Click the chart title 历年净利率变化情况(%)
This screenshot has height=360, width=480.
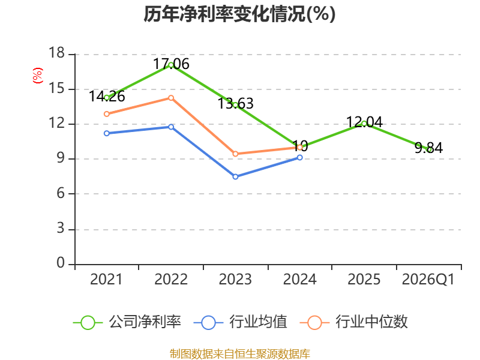coord(239,14)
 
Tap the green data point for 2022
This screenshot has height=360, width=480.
coord(171,65)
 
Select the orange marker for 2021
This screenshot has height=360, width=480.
coord(107,114)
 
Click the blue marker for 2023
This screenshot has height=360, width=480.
coord(235,176)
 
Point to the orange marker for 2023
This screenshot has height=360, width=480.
coord(235,154)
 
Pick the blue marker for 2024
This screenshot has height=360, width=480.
coord(299,157)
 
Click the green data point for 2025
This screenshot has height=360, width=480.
coord(364,124)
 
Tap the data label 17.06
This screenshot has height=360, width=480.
coord(171,64)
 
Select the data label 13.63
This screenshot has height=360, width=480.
coord(235,103)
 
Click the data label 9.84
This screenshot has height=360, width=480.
coord(428,148)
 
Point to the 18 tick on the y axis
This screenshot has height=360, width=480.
coord(57,53)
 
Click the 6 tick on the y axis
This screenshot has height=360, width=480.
coord(61,193)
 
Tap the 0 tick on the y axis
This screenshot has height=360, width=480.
coord(61,263)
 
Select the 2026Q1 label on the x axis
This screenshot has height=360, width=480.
coord(428,280)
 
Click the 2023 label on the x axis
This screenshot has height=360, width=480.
coord(235,280)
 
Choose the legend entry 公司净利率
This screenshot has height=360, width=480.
coord(127,322)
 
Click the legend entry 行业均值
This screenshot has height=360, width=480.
coord(241,322)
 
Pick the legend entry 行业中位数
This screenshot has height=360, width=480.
coord(353,322)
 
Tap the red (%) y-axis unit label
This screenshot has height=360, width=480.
coord(38,76)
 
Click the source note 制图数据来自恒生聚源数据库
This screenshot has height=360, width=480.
coord(240,354)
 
